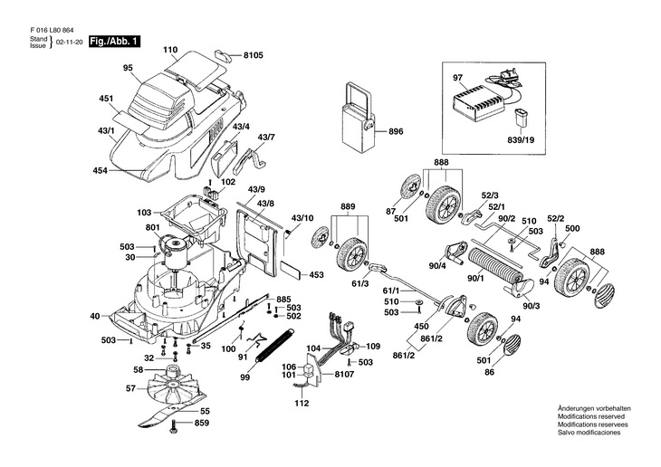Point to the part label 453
tap(316, 273)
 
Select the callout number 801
tap(151, 227)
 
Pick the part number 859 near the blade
tap(201, 423)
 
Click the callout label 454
tap(101, 171)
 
